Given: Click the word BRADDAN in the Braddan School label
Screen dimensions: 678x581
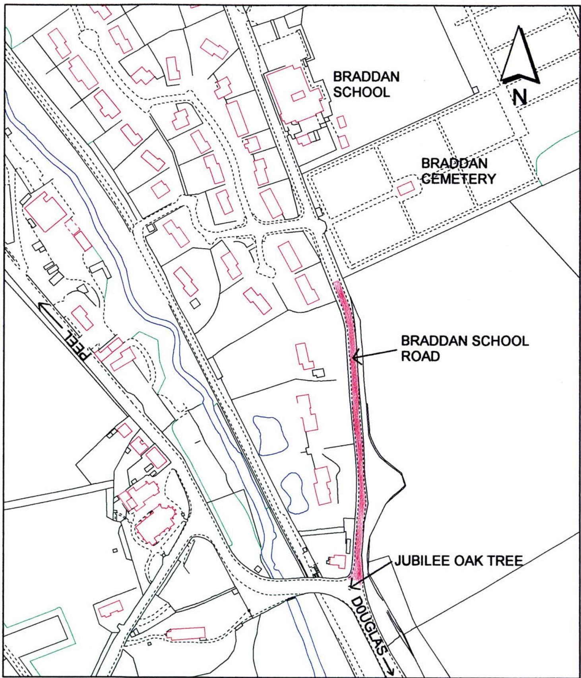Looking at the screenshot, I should [366, 77].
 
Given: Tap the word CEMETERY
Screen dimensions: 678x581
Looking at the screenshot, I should [458, 179].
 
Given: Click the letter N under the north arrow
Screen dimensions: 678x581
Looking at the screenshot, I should [519, 97].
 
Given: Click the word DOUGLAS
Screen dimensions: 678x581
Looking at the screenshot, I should [368, 619].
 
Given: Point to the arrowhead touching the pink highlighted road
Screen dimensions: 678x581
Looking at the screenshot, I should [355, 357].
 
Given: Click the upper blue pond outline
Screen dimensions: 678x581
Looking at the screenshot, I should [270, 435].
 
